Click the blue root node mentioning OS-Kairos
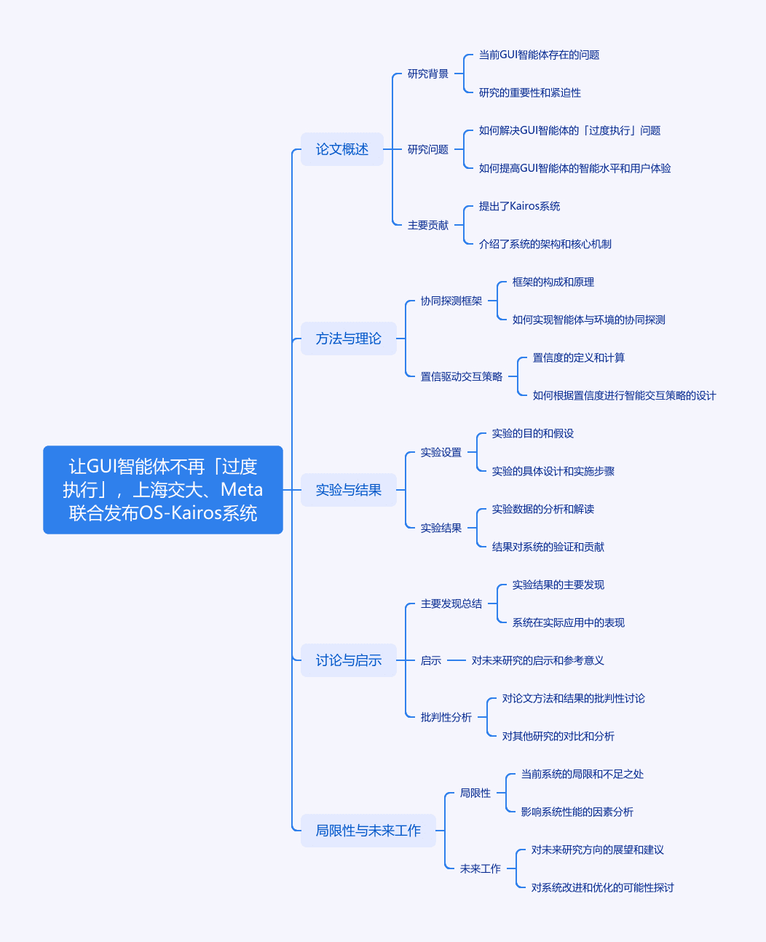(x=163, y=490)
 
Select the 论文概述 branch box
(x=342, y=149)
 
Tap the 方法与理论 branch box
(x=349, y=339)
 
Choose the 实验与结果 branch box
(x=349, y=490)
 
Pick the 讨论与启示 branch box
(x=349, y=660)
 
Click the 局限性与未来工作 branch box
(x=368, y=830)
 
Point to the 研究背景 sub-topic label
(x=427, y=74)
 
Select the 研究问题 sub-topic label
(x=427, y=149)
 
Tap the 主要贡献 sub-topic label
(x=427, y=225)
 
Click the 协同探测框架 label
(x=451, y=301)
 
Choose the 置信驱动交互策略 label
(x=462, y=376)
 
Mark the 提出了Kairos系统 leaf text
(x=519, y=206)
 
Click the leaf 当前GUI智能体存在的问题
(x=539, y=55)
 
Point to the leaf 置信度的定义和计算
(x=578, y=357)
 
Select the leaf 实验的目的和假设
(x=532, y=433)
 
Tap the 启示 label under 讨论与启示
(x=431, y=660)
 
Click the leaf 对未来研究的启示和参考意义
(x=537, y=660)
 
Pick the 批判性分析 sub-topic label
(x=446, y=717)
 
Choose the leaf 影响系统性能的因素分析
(x=577, y=812)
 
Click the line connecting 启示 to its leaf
(x=456, y=660)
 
